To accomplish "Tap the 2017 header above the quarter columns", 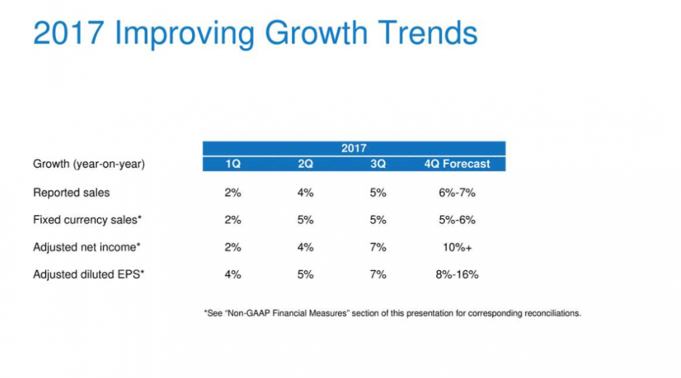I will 353,148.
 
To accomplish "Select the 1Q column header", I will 232,164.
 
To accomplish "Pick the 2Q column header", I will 305,164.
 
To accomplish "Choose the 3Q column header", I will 378,164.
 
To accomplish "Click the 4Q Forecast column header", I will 457,164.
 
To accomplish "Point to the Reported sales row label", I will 72,193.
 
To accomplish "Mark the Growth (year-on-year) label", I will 89,164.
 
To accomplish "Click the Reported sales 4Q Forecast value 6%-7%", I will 457,193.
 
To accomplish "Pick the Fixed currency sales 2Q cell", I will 305,220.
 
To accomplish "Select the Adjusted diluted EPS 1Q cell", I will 232,274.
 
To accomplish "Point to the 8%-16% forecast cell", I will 457,274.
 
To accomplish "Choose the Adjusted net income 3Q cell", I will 378,247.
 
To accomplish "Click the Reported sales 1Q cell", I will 232,193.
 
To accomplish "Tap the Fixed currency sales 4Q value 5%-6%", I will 457,220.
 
